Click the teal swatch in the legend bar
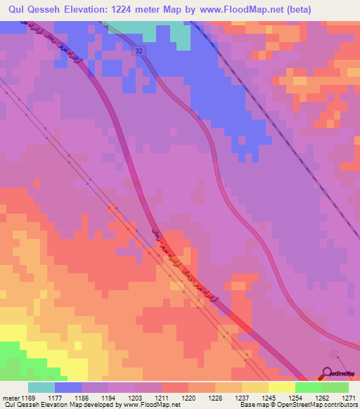[x=41, y=387]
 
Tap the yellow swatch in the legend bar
[x=282, y=387]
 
